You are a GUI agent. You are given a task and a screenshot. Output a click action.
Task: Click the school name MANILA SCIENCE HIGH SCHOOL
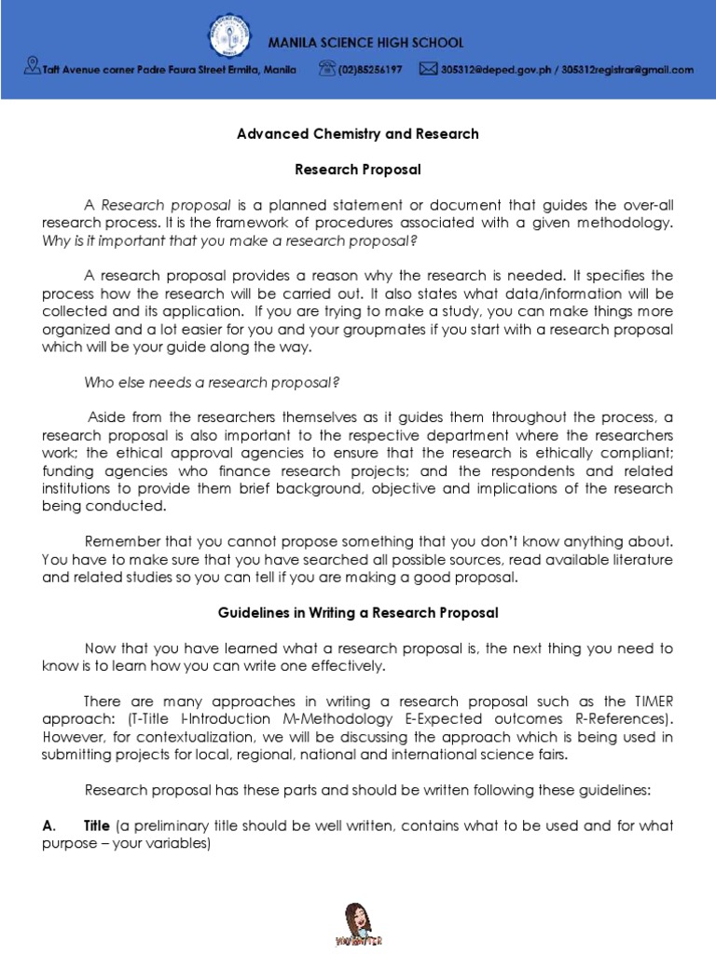tap(365, 43)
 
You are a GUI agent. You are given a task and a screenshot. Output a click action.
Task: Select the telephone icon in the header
tap(326, 68)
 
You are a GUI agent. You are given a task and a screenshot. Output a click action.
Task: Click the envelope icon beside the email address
tap(428, 68)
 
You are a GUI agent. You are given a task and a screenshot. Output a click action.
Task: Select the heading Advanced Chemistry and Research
tap(358, 133)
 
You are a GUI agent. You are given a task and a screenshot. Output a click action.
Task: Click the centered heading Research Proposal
tap(358, 170)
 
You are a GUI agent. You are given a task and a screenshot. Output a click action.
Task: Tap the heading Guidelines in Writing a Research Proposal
tap(358, 612)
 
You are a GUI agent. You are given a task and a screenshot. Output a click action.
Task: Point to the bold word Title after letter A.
tap(97, 825)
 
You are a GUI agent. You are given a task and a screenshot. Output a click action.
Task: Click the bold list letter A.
tap(49, 825)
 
